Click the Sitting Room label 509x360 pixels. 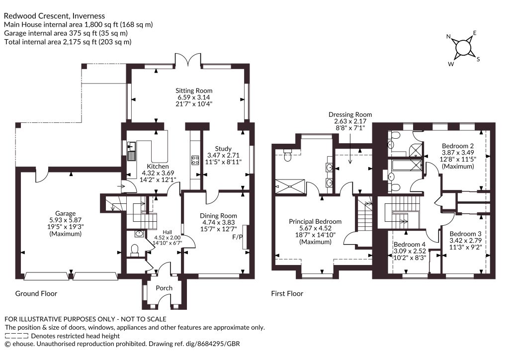point(194,90)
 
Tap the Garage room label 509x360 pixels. point(65,213)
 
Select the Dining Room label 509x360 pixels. point(218,215)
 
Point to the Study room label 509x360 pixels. point(223,149)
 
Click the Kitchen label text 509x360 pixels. point(158,166)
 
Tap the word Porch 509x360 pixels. point(164,288)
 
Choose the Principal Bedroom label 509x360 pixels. point(315,221)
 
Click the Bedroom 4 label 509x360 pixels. point(410,244)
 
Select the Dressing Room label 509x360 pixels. point(350,114)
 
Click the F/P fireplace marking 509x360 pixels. point(238,237)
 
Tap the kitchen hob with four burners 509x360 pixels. point(195,160)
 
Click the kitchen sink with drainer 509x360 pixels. point(131,152)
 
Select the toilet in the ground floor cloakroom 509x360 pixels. point(134,250)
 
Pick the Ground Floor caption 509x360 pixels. point(36,293)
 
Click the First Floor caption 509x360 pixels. point(287,293)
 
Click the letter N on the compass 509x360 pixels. point(449,36)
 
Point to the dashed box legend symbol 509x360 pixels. point(16,336)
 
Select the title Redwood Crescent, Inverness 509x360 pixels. point(54,15)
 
